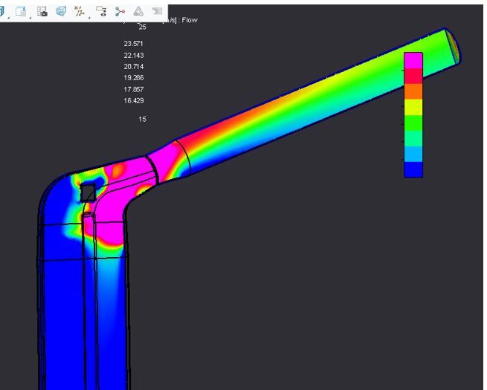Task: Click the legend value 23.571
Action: click(134, 45)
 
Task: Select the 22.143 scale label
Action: click(134, 56)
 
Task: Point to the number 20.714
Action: click(134, 67)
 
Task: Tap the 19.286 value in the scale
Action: click(134, 78)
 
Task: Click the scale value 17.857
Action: click(134, 89)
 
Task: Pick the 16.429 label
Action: click(134, 100)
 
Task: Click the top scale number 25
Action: click(142, 27)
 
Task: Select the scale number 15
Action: click(142, 120)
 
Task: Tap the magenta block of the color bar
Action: click(413, 60)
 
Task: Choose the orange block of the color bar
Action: click(413, 91)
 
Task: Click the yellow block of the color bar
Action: click(413, 107)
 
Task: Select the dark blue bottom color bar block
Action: click(413, 169)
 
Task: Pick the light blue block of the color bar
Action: click(413, 154)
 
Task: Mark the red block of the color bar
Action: click(413, 76)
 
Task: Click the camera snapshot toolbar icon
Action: click(42, 11)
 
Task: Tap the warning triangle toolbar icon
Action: click(138, 12)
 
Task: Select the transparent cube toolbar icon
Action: click(61, 11)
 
